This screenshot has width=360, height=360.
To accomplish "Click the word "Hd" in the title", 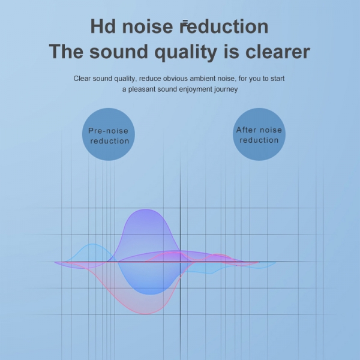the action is click(x=103, y=26).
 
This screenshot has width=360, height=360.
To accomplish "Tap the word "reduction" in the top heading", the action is click(x=224, y=26).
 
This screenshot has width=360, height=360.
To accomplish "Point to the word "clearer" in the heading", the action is click(x=278, y=52).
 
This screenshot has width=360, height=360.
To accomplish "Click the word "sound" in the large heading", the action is click(x=119, y=52).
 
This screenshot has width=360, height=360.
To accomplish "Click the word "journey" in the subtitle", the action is click(x=226, y=89).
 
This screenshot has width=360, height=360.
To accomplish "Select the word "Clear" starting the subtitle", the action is click(x=82, y=79).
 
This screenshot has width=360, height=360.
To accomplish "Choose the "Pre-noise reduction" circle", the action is click(x=109, y=134).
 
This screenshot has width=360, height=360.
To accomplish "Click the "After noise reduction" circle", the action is click(x=259, y=134).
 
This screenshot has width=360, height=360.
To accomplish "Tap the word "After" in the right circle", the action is click(x=245, y=130).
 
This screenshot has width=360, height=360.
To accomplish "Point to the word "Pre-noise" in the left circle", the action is click(x=109, y=131).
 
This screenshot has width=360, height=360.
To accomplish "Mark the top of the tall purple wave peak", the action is click(x=145, y=209).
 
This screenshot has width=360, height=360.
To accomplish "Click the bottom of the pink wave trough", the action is click(x=146, y=314).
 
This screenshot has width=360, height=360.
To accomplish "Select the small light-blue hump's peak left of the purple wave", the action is click(x=92, y=244).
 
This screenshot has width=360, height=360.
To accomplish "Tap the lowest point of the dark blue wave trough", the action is click(x=151, y=295).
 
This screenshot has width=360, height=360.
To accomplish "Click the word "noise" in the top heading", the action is click(x=148, y=26).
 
